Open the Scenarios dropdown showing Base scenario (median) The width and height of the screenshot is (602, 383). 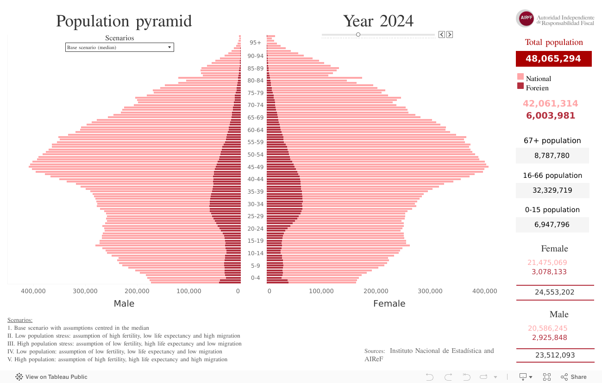[119, 47]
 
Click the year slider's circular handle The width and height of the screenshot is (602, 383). [358, 34]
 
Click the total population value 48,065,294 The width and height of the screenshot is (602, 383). [553, 59]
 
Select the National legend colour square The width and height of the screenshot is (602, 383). [520, 77]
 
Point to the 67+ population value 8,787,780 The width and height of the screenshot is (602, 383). [552, 156]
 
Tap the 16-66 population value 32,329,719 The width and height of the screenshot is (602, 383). [552, 190]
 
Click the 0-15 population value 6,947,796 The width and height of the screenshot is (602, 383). [552, 225]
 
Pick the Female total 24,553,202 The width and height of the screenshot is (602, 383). [554, 292]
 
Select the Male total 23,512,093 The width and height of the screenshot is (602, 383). [554, 355]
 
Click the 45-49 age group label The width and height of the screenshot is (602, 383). [255, 167]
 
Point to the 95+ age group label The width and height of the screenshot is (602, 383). [255, 43]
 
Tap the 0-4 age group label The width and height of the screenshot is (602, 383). [255, 278]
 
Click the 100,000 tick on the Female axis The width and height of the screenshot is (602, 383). [321, 291]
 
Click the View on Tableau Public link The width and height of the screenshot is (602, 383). [52, 377]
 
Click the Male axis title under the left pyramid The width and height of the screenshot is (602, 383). [124, 304]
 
